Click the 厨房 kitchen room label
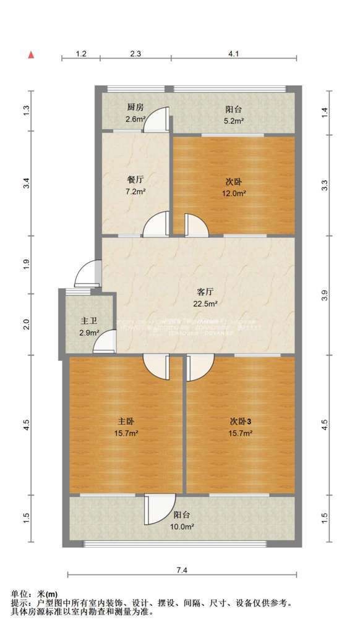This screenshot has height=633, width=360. (x=135, y=106)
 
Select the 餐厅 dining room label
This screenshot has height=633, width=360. (x=135, y=180)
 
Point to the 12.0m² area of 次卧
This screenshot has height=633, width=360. (x=234, y=193)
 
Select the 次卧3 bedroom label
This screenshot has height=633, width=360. (x=241, y=421)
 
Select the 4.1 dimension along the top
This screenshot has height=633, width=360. (x=233, y=54)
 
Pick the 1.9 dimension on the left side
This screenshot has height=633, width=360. (x=26, y=264)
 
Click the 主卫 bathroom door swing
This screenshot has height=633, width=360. (x=105, y=342)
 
